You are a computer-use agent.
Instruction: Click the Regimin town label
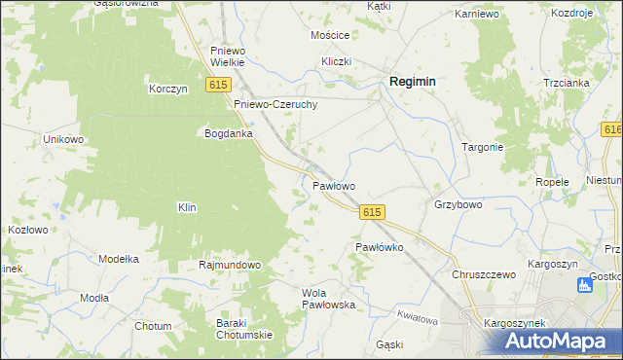[412, 83]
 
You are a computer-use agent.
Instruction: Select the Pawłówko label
[379, 247]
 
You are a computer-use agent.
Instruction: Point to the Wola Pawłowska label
[328, 298]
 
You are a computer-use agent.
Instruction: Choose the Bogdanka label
[228, 133]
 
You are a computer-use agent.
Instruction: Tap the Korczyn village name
[167, 89]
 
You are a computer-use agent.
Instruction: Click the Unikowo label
[64, 139]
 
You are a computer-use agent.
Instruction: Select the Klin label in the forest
[187, 207]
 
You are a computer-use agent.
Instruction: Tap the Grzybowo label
[458, 205]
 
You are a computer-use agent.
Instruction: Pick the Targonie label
[482, 147]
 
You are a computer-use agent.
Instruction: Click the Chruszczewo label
[483, 274]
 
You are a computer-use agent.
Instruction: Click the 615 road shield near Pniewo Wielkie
[217, 87]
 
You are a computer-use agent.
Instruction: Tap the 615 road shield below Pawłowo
[372, 212]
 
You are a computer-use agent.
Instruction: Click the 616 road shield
[613, 130]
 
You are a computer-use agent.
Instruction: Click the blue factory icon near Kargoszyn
[585, 285]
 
